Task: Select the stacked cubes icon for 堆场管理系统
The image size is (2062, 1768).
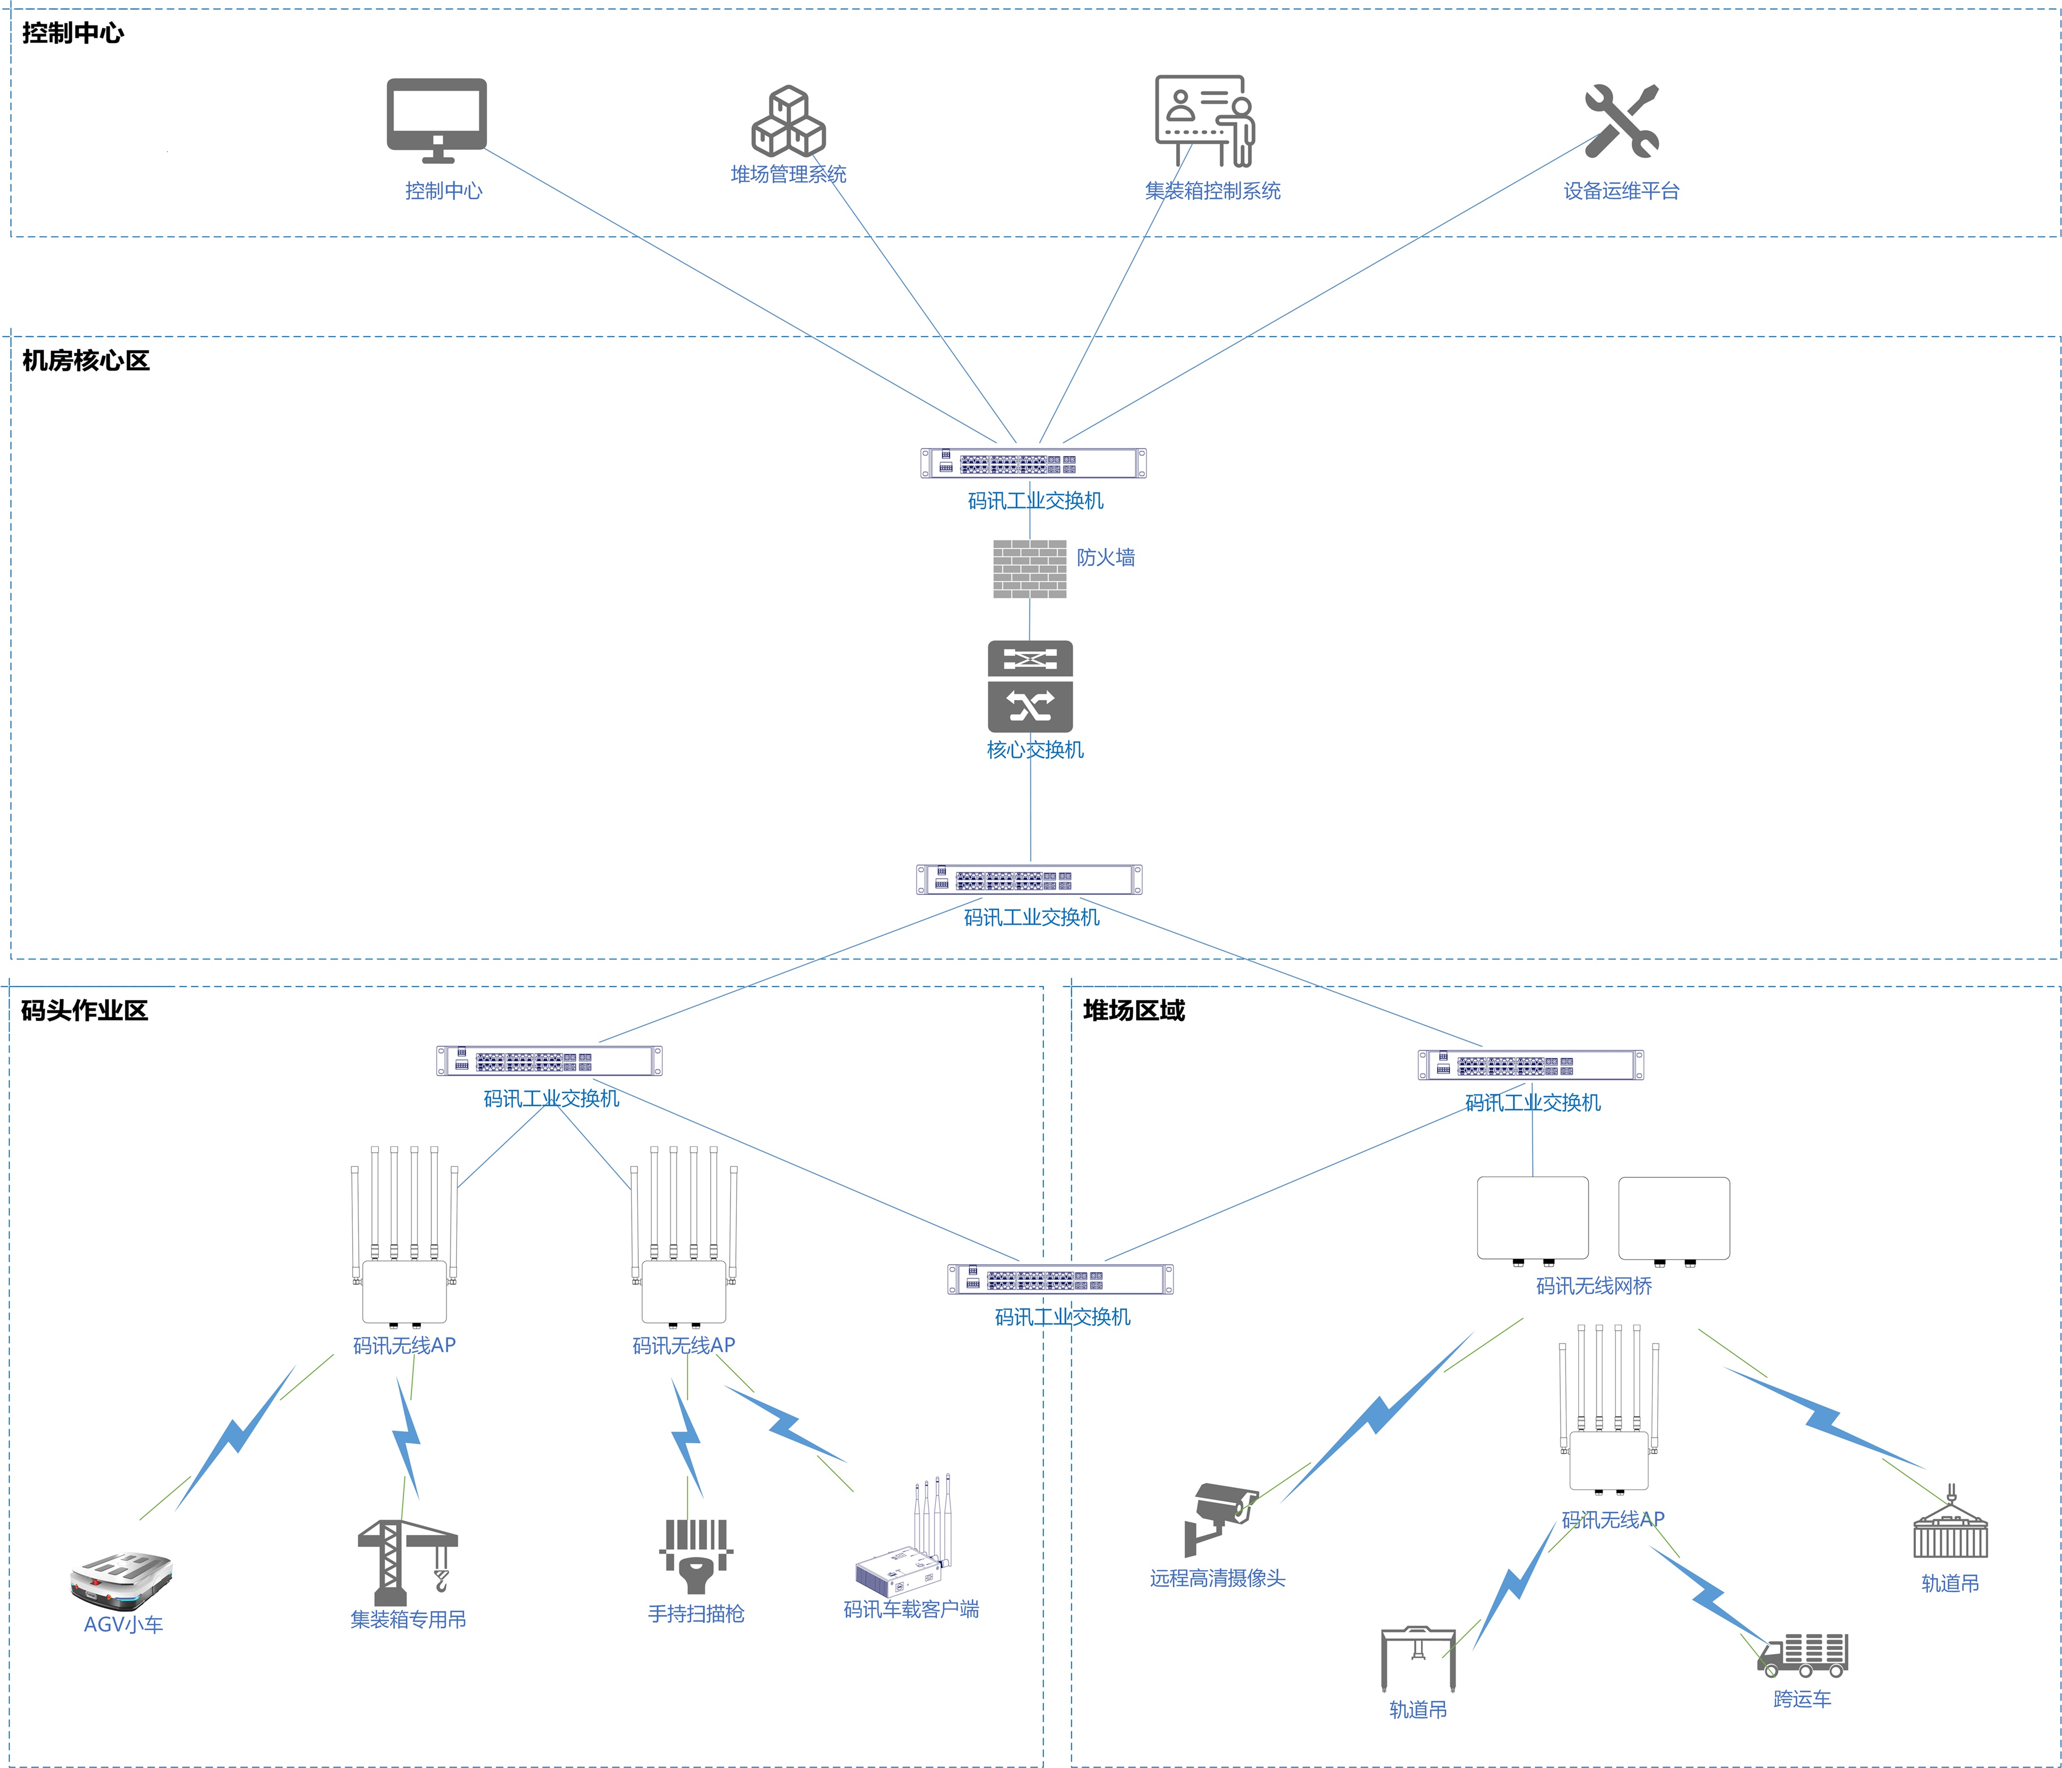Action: pos(788,122)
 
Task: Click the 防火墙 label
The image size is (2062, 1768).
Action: pos(1105,557)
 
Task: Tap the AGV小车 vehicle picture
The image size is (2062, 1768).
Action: pos(122,1578)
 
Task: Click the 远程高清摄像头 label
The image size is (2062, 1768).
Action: pos(1217,1578)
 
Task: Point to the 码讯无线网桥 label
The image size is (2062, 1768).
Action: pos(1593,1286)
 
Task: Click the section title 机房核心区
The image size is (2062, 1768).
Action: pos(86,360)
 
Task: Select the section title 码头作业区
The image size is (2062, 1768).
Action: pos(85,1011)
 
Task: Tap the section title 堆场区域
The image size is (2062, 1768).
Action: pos(1134,1011)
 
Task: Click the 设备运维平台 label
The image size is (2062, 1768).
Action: pos(1621,191)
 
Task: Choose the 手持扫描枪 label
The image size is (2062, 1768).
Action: pos(696,1614)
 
